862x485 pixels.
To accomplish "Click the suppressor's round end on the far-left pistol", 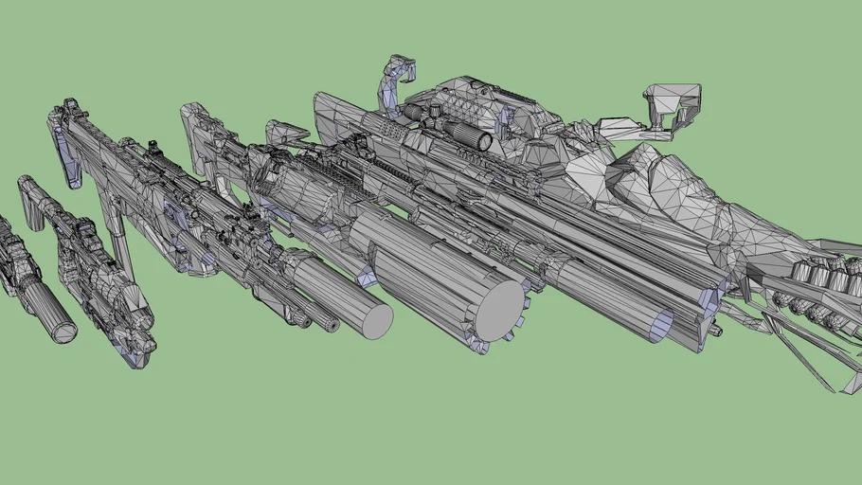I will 63,331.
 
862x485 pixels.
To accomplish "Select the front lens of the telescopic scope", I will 484,142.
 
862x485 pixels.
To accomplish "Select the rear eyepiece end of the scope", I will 413,111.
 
